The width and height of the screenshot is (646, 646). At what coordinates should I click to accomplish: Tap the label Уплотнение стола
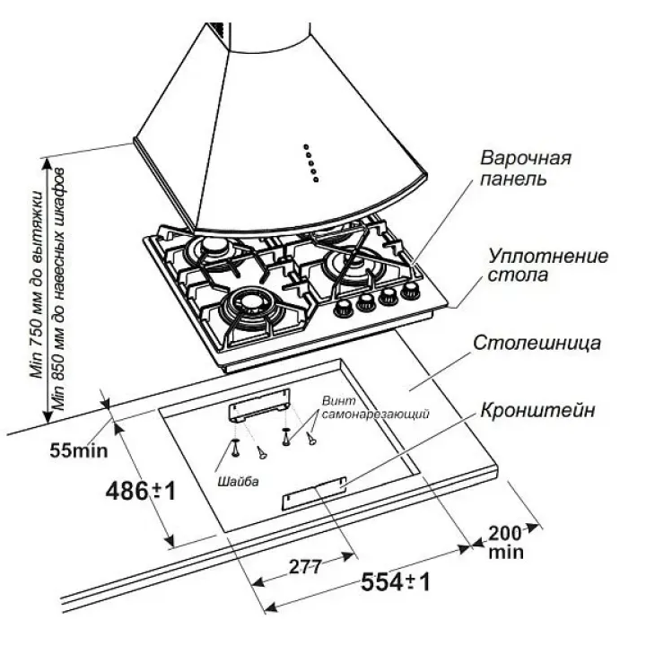(x=548, y=265)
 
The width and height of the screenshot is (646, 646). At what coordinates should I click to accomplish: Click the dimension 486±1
(x=139, y=491)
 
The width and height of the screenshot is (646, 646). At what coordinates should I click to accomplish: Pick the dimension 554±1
(x=396, y=582)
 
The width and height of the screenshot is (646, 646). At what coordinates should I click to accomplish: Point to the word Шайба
(x=238, y=482)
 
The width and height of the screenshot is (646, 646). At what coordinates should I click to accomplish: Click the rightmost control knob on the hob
(x=412, y=290)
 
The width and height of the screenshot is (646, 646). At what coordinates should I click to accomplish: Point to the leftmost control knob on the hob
(x=343, y=310)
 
